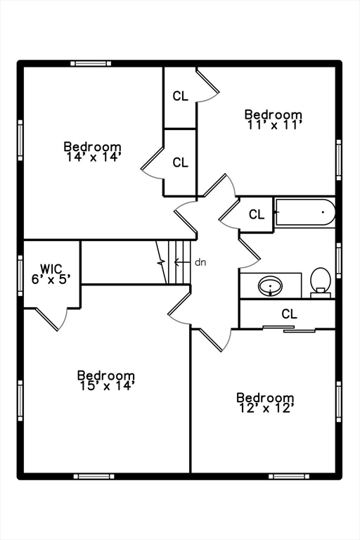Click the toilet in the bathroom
[321, 283]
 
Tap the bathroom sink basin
[271, 286]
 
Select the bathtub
[305, 212]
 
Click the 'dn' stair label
[200, 262]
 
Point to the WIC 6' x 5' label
[51, 274]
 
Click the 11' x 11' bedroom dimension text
[274, 125]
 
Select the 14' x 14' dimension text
[94, 157]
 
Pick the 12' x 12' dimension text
[266, 409]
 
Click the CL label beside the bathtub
[257, 214]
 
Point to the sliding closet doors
[289, 329]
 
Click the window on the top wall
[91, 63]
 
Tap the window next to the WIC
[20, 276]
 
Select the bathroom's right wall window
[339, 260]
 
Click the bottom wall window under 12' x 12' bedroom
[289, 477]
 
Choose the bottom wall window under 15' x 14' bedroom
[94, 477]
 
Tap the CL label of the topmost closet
[181, 96]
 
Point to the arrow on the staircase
[182, 262]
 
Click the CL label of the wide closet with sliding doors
[290, 314]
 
